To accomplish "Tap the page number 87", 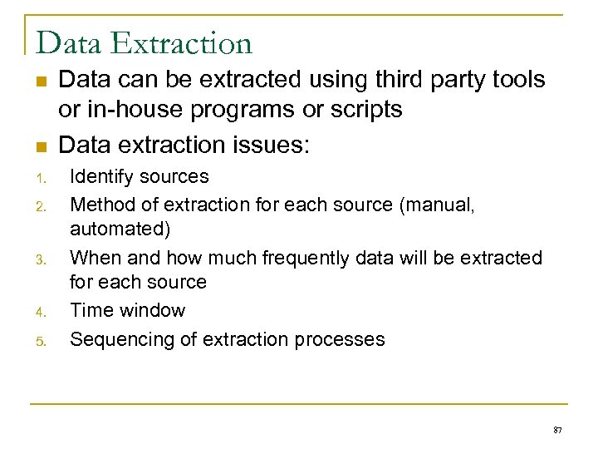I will tap(557, 431).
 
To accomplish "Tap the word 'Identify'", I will tap(102, 176).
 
